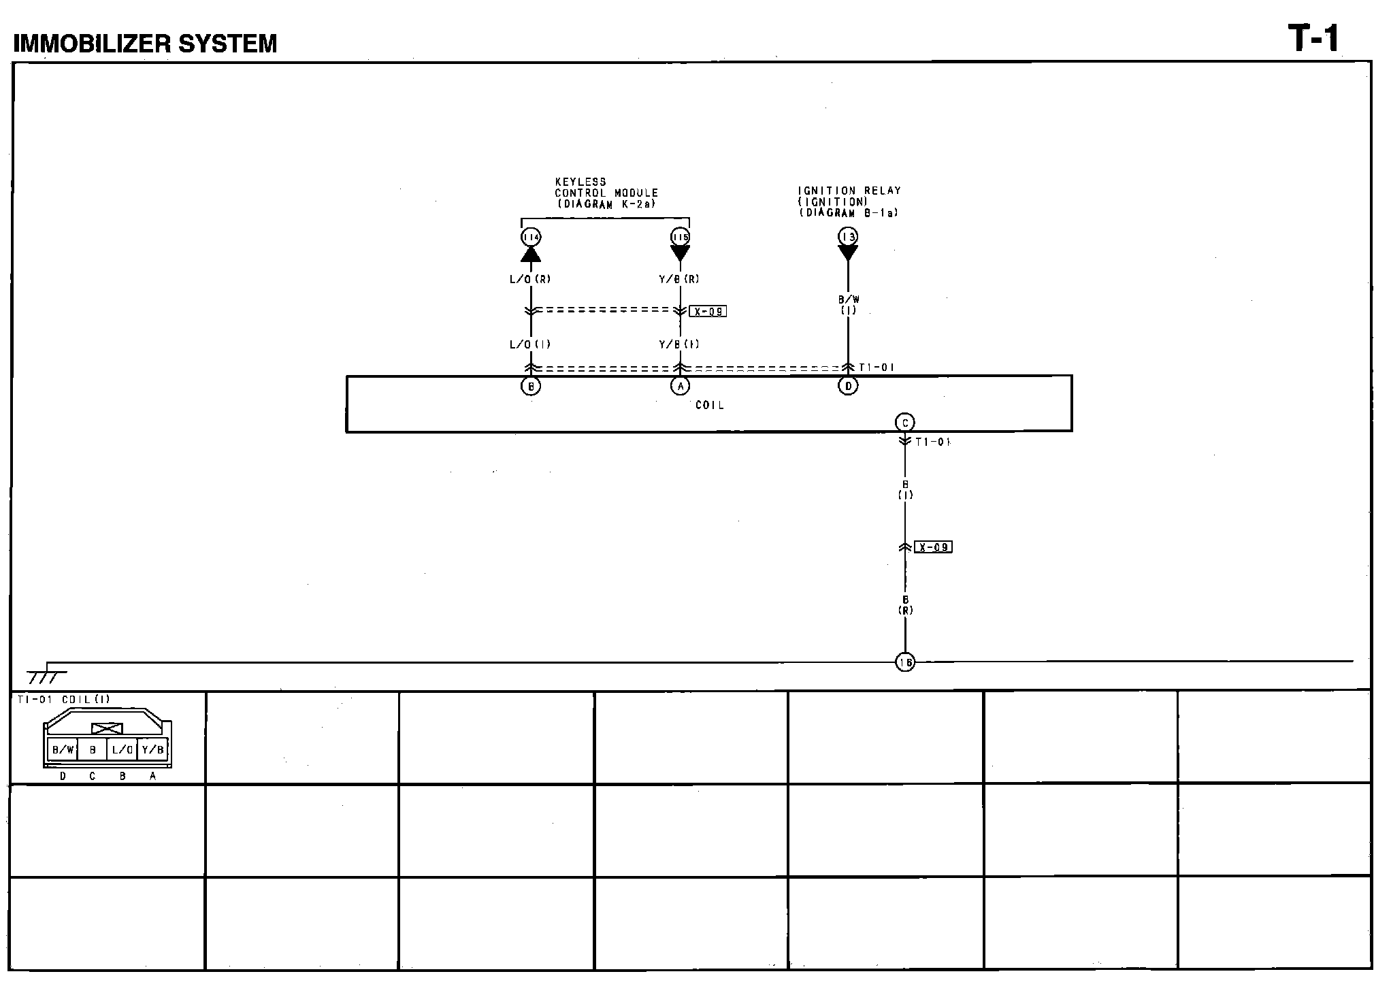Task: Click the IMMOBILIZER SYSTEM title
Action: click(146, 44)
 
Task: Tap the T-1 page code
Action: click(1313, 39)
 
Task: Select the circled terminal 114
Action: click(531, 237)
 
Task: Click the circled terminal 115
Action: click(680, 237)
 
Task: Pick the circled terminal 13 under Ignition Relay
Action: click(848, 236)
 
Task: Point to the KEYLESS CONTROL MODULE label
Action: click(606, 193)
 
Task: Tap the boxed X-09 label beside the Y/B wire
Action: click(708, 312)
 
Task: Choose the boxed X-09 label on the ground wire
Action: click(933, 547)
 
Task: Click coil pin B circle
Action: click(531, 386)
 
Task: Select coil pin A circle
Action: click(680, 386)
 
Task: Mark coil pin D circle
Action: click(848, 386)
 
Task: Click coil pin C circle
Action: click(904, 423)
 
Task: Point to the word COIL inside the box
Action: click(709, 406)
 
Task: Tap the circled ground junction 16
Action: click(905, 662)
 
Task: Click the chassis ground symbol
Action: click(46, 676)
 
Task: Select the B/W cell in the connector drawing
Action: click(63, 750)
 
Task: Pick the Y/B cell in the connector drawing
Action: click(152, 750)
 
